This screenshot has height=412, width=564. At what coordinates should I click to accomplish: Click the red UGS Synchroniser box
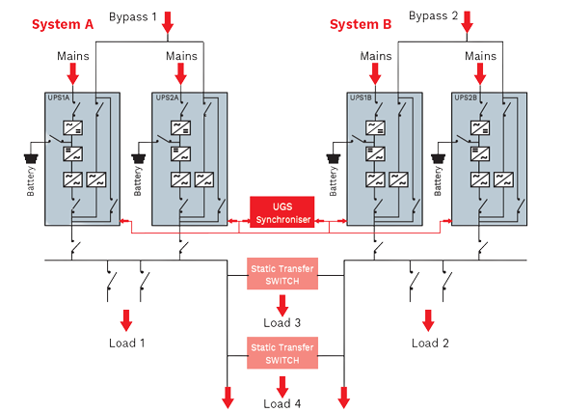pos(282,212)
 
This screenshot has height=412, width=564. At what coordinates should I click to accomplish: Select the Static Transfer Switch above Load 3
pos(282,274)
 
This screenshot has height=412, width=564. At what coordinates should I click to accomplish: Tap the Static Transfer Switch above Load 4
pos(282,353)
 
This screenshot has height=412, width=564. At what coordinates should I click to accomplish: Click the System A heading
pos(63,24)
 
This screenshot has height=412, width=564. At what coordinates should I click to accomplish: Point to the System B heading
pos(361,24)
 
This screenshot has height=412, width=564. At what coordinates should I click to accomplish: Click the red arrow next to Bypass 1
pos(168,22)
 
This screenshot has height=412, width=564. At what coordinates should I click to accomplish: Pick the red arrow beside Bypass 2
pos(467,22)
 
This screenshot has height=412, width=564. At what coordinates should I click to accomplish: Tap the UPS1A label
pos(58,97)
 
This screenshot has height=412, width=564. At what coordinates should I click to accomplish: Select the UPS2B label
pos(466,97)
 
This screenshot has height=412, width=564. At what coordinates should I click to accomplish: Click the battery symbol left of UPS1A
pos(31,158)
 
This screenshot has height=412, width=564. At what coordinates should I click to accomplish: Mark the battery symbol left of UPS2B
pos(438,158)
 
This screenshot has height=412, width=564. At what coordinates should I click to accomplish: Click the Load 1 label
pos(127,343)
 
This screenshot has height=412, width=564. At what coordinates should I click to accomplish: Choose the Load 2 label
pos(430,343)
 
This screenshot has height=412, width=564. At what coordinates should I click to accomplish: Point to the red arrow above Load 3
pos(282,306)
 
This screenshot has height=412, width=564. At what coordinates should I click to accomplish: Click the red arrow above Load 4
pos(282,387)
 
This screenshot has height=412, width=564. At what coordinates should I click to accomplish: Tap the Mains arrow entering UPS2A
pos(180,74)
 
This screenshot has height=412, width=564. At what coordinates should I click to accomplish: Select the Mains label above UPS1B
pos(376,56)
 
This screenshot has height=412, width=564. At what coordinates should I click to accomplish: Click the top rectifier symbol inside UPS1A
pos(73,127)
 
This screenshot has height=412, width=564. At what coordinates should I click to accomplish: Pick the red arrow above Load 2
pos(428,320)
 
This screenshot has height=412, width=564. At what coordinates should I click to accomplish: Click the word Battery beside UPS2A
pos(138,181)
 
